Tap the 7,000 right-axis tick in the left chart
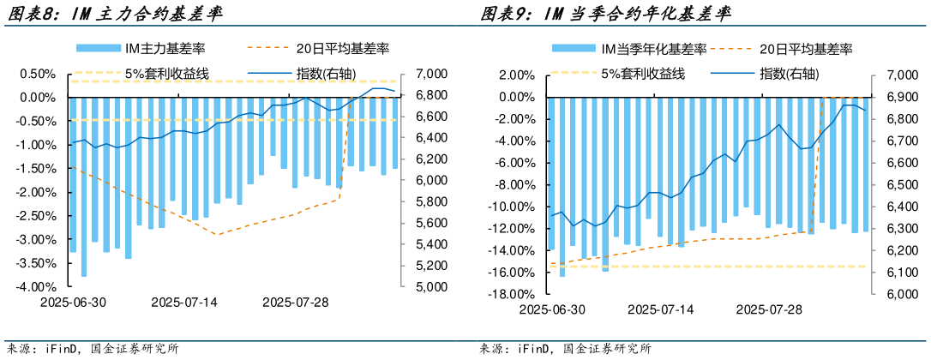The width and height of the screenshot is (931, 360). coord(429,74)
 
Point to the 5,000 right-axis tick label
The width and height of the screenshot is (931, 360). coord(429,286)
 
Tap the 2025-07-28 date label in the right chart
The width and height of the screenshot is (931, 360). coord(770,309)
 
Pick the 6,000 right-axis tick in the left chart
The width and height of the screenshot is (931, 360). coord(429,180)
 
